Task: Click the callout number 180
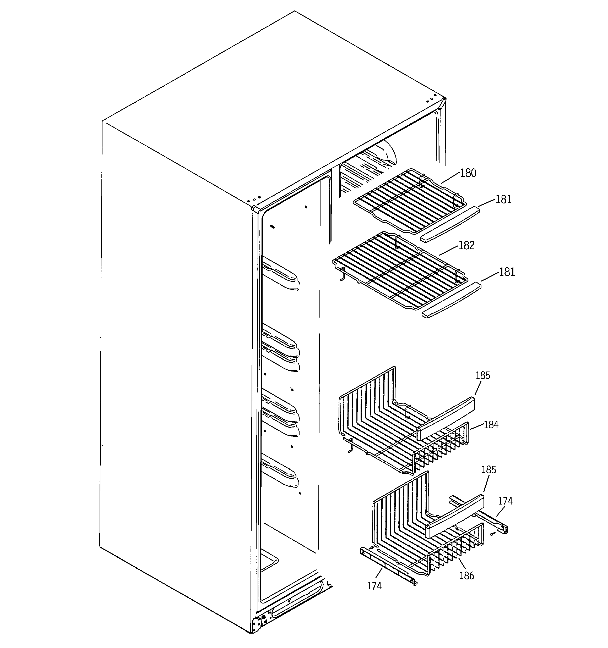click(468, 173)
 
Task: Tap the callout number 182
click(466, 245)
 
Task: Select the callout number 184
click(491, 425)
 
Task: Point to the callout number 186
click(466, 576)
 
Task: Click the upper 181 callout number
click(503, 200)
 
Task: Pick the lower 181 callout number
click(507, 272)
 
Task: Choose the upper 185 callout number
click(483, 375)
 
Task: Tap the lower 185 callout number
click(488, 470)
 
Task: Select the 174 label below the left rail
click(374, 586)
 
